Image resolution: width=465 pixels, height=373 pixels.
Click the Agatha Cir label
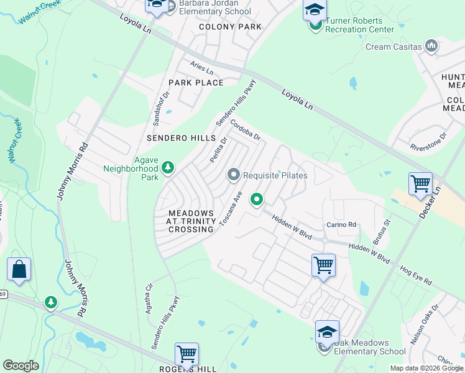click(149, 299)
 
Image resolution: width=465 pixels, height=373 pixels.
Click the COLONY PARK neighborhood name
click(230, 27)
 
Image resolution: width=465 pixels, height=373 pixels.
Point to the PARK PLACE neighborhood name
click(196, 83)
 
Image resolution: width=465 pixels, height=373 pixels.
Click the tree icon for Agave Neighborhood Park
click(168, 167)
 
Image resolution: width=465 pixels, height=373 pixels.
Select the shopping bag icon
click(19, 270)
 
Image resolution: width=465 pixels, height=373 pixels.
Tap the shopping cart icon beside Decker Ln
click(421, 184)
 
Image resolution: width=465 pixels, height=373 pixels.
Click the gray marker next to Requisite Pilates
click(234, 175)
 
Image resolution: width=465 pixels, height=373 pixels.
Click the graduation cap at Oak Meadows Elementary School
click(327, 331)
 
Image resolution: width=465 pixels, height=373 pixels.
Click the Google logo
click(21, 366)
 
